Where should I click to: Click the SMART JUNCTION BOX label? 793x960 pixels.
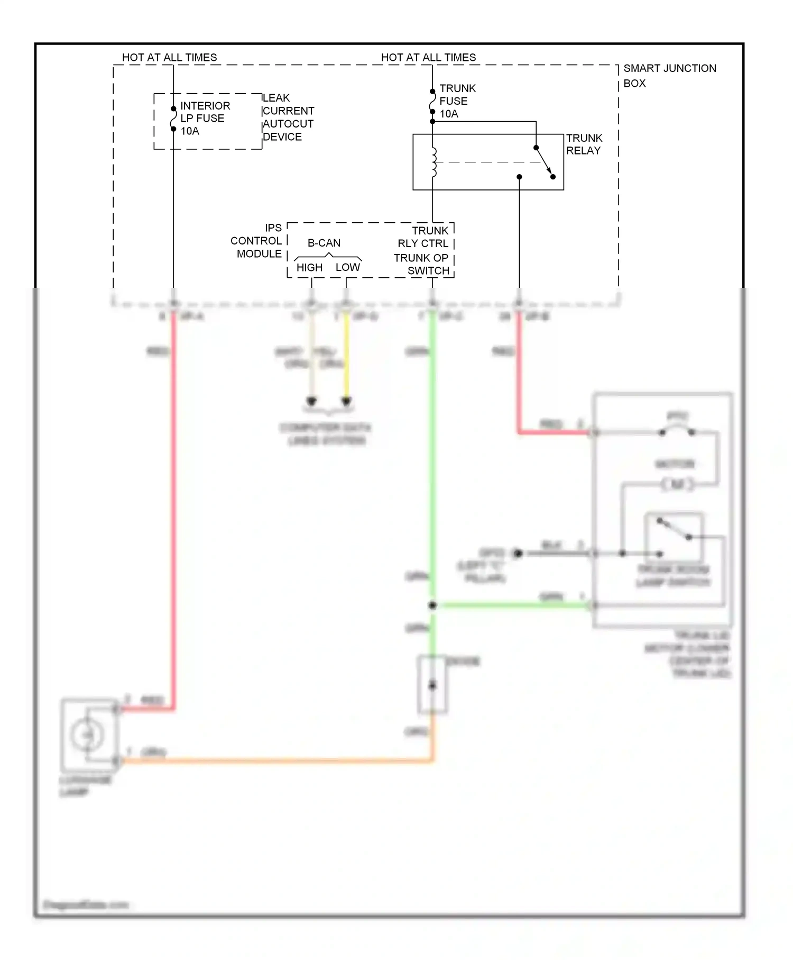669,76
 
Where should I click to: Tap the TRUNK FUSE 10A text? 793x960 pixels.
457,101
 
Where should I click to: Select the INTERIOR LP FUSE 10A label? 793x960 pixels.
205,119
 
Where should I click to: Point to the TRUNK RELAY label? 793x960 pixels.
584,144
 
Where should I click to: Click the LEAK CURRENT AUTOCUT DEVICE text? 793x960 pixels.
288,117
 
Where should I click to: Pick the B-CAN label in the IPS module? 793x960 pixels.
324,243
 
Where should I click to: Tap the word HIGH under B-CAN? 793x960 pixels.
309,268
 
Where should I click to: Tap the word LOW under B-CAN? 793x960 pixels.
347,268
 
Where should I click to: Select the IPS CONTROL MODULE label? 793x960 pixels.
256,241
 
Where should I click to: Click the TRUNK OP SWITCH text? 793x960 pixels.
422,264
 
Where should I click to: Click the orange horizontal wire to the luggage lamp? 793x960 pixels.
275,761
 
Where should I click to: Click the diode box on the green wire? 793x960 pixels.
432,685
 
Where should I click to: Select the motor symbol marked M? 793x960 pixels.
677,484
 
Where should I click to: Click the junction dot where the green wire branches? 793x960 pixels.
432,605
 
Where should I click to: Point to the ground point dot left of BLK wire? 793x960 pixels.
518,554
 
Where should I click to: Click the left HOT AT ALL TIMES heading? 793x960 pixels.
169,57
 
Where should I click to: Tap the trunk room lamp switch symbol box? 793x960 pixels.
674,537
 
